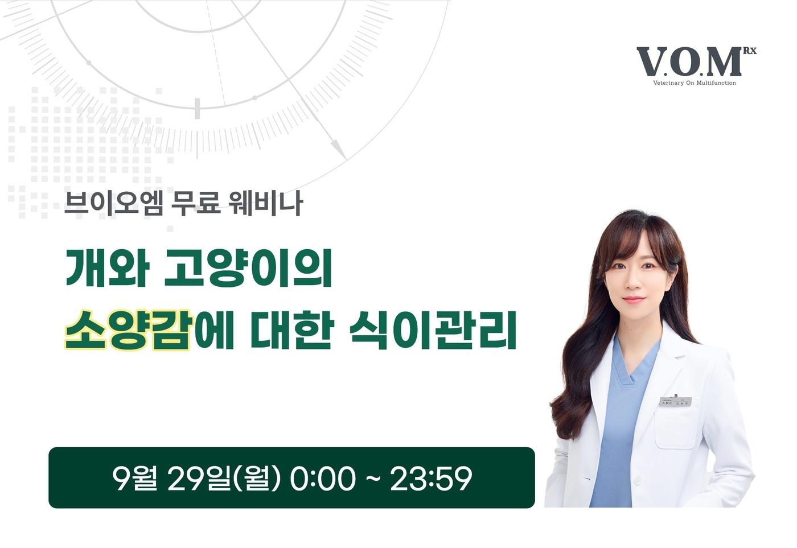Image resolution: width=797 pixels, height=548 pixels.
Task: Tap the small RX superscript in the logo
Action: [749, 51]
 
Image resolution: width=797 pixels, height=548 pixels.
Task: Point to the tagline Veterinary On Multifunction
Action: [695, 83]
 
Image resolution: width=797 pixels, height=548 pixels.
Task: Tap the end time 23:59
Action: [431, 478]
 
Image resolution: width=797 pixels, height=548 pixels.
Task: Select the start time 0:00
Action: [323, 478]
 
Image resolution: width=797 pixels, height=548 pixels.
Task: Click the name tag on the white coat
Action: [675, 402]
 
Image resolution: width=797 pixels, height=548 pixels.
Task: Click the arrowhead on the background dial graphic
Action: [339, 151]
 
